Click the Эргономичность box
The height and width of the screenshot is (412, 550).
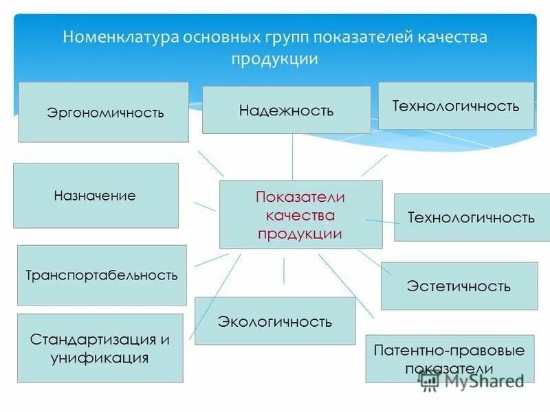[x=103, y=112]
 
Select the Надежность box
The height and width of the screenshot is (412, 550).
[x=286, y=110]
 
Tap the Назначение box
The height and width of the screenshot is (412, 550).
[x=96, y=196]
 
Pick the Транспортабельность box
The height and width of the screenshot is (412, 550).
[x=102, y=275]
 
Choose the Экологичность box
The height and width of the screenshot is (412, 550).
[x=275, y=321]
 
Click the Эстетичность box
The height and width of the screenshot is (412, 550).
[x=459, y=286]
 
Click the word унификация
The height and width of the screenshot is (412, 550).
[x=100, y=358]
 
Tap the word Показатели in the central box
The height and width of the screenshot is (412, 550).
[x=300, y=197]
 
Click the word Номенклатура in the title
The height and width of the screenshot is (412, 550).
[x=120, y=37]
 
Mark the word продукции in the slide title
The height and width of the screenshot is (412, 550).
[x=275, y=58]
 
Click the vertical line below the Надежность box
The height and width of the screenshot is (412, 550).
[x=292, y=157]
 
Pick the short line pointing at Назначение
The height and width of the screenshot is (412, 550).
[x=204, y=206]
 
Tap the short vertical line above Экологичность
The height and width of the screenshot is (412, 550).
[x=284, y=270]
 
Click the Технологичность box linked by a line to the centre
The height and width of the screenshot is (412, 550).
[x=471, y=218]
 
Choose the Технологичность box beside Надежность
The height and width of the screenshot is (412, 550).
[x=456, y=106]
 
